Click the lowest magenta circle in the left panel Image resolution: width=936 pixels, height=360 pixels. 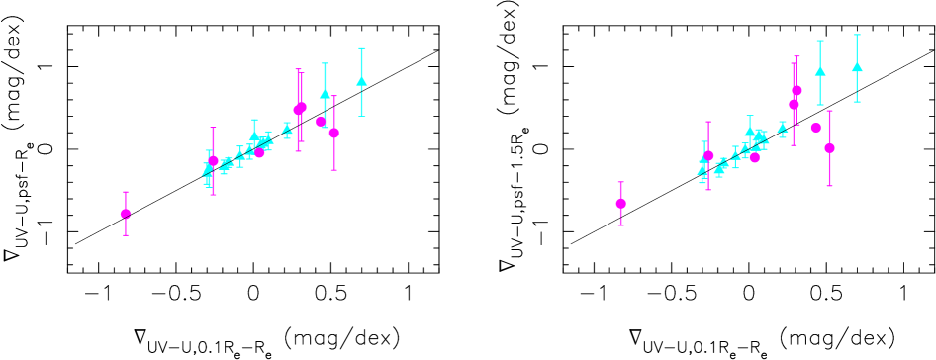point(126,214)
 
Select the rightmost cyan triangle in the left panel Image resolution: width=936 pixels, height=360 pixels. point(362,81)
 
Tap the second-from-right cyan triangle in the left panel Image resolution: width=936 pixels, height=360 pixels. point(325,95)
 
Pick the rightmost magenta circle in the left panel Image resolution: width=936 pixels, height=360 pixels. point(334,133)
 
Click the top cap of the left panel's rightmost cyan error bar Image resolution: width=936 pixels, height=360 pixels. point(362,48)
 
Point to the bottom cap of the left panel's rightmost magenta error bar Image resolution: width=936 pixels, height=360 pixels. point(334,170)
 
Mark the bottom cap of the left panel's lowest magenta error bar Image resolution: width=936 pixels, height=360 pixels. point(126,235)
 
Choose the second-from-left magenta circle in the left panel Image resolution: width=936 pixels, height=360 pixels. point(213,161)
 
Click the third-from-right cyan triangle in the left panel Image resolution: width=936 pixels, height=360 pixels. point(287,128)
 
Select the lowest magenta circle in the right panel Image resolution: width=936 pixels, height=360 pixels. point(620,204)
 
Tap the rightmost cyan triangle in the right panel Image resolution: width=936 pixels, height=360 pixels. point(857,67)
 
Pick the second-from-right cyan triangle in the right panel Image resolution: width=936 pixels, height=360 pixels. point(820,71)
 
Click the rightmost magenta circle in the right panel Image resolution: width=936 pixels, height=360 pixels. point(829,148)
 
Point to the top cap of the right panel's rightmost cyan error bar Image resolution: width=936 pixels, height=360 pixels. point(857,35)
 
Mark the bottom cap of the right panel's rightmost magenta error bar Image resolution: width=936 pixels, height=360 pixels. point(829,186)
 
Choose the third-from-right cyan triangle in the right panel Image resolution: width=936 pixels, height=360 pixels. point(783,127)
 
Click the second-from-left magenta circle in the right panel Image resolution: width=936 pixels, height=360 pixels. point(708,155)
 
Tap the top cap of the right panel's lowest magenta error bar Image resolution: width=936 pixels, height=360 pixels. point(620,182)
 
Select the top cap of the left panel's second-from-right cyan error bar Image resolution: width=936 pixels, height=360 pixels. point(325,63)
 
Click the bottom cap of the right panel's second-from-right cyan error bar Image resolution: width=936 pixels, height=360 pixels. point(820,105)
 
